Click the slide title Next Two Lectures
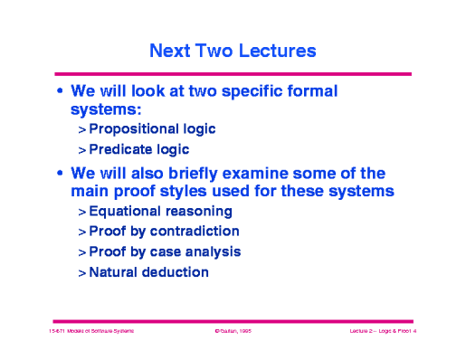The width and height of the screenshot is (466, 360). [x=233, y=51]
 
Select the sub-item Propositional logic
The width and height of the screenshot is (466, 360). [x=152, y=129]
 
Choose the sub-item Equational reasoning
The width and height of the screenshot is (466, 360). [x=160, y=212]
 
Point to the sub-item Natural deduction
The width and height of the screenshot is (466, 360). [x=148, y=271]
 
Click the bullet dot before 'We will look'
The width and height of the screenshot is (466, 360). [x=60, y=92]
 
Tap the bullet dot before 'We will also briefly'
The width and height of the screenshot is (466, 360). [x=60, y=174]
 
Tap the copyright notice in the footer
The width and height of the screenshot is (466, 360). [x=232, y=333]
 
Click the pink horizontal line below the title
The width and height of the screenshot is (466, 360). [x=233, y=73]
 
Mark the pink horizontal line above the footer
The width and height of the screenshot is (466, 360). [x=233, y=320]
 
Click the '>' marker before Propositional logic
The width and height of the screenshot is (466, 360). [x=81, y=130]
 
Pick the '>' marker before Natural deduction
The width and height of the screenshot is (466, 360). [x=81, y=272]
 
